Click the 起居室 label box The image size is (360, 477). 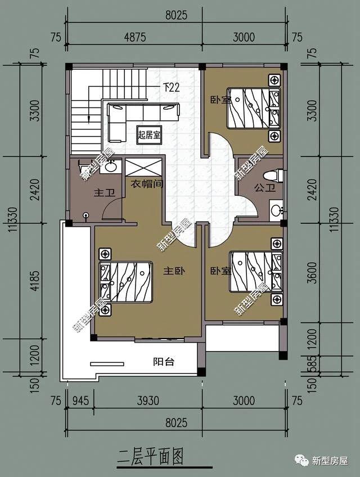click(149, 134)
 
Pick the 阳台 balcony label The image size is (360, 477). click(164, 362)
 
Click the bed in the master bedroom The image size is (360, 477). click(126, 282)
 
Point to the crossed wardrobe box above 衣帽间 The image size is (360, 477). click(143, 168)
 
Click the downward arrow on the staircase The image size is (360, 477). click(89, 117)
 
